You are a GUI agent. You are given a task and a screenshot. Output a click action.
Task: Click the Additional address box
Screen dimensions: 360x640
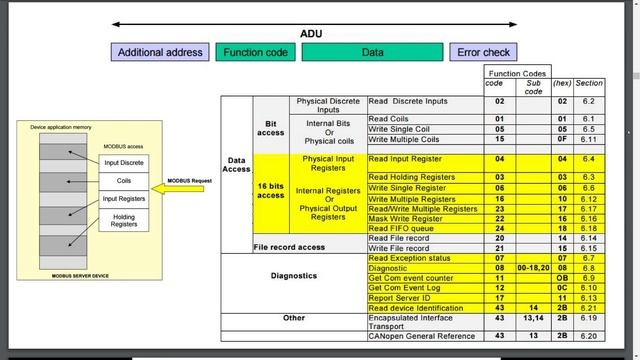160,52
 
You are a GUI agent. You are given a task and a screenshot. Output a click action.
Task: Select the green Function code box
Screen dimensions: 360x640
256,52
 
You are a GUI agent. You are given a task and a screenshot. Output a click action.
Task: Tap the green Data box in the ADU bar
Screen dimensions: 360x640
372,52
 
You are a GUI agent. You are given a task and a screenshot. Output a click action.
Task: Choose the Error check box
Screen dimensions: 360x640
483,52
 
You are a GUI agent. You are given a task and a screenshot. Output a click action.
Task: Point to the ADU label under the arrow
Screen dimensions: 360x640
311,34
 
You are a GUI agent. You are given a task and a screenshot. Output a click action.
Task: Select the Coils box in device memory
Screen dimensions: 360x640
124,181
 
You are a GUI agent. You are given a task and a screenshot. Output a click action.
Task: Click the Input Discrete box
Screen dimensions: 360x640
124,162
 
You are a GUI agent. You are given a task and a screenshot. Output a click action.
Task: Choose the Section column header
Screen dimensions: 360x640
589,83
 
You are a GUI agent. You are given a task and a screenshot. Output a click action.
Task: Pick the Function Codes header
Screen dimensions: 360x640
516,73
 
